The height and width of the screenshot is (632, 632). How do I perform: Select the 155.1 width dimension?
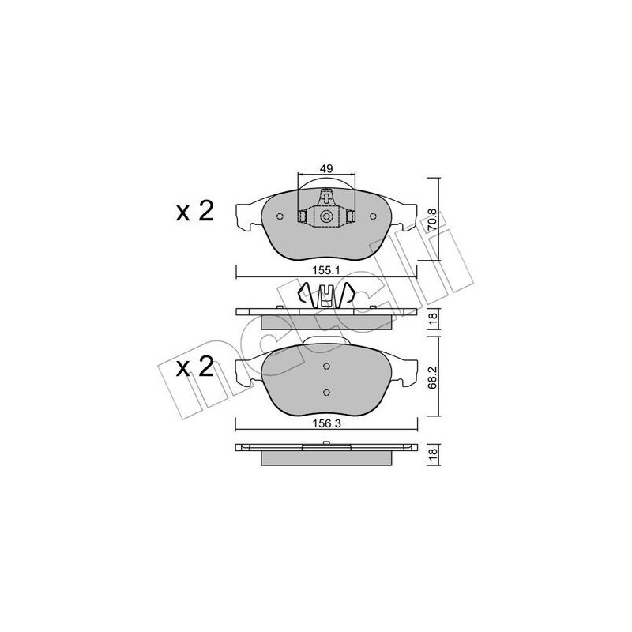[x=325, y=270]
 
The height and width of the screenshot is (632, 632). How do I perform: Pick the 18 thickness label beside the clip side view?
[x=433, y=320]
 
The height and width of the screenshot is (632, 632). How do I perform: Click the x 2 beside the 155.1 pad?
[x=194, y=212]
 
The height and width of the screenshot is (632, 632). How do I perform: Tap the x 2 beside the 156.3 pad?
[x=194, y=368]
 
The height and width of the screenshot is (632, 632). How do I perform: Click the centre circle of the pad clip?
[x=325, y=216]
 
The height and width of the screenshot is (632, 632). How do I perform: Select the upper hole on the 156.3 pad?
[x=326, y=365]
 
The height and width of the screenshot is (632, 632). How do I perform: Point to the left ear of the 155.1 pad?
[x=247, y=214]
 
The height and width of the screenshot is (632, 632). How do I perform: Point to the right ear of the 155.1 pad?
[x=404, y=214]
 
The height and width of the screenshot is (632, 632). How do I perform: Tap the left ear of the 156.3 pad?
[x=247, y=370]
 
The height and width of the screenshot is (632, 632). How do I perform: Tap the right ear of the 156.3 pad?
[x=404, y=370]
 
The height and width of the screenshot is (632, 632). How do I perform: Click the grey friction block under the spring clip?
[x=325, y=322]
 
